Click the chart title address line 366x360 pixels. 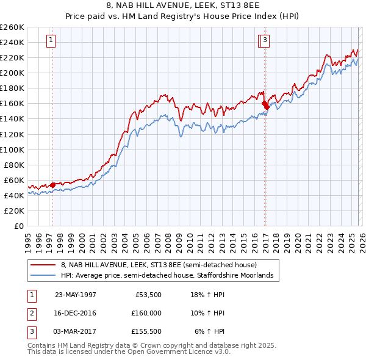tap(183, 6)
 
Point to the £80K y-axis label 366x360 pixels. tap(14, 165)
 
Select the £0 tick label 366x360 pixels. tap(19, 226)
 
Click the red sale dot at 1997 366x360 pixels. tap(53, 184)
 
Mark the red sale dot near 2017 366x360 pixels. tap(265, 104)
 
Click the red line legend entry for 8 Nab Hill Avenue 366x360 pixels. tap(159, 265)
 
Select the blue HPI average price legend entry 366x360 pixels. tap(170, 275)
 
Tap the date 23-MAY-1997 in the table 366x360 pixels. tap(76, 294)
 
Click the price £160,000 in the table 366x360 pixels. tap(146, 313)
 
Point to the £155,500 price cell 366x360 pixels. tap(146, 331)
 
